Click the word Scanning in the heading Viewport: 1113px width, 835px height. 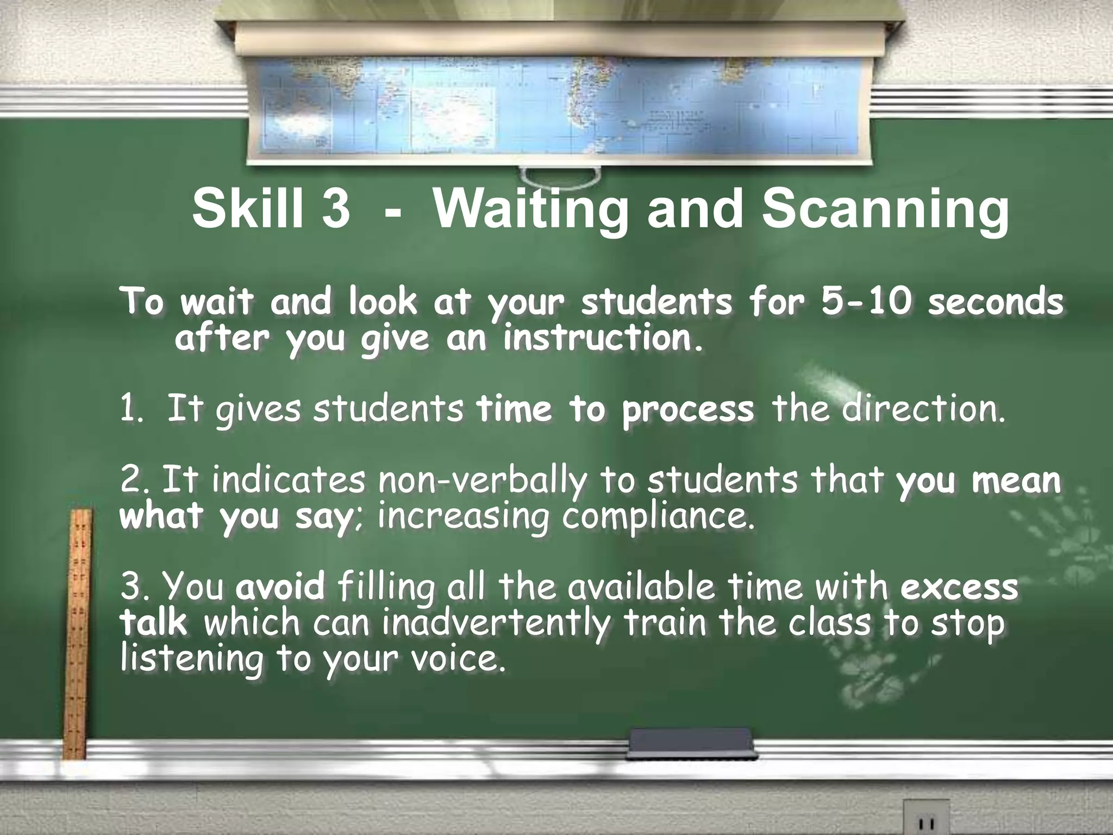(x=884, y=212)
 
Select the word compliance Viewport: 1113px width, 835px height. (x=658, y=517)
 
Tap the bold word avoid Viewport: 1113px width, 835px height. (x=280, y=588)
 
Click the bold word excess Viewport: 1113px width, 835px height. (x=959, y=588)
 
